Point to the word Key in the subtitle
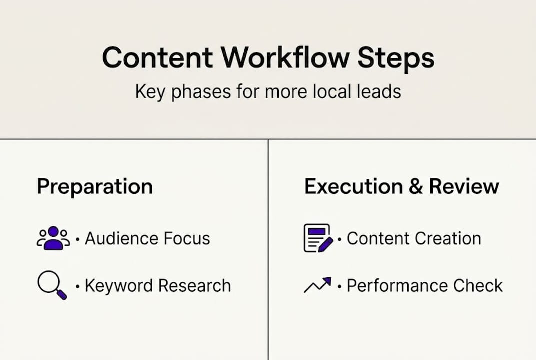pos(148,92)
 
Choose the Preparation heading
pos(95,186)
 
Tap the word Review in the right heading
pos(464,186)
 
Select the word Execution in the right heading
pos(353,186)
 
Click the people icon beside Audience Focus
pos(53,238)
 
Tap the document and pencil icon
pos(318,238)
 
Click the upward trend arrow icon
pos(317,285)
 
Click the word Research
pos(194,286)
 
